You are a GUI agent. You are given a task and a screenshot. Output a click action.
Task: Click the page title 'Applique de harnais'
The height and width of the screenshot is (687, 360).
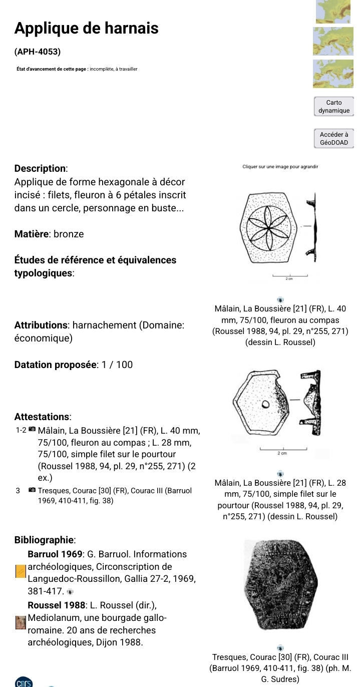[86, 29]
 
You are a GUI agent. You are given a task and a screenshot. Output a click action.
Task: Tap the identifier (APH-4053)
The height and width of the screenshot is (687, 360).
[38, 51]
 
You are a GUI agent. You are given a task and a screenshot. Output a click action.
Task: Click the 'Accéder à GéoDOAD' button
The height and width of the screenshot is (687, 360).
[333, 138]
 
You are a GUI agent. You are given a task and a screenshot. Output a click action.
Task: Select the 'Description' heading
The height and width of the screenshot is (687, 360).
[41, 169]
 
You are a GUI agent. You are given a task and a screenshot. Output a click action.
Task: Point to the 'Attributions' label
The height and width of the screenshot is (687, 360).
[41, 325]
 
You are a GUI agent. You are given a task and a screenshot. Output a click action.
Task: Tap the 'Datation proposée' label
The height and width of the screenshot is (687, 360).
[56, 365]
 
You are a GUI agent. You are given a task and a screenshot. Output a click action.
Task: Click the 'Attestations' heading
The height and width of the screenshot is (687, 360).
[43, 417]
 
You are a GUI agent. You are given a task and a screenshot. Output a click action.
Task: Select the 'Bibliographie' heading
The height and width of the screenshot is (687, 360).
[45, 540]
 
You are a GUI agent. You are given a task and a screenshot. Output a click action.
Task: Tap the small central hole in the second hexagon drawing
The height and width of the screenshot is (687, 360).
[266, 405]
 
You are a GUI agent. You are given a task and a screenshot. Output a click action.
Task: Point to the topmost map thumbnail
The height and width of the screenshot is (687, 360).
[333, 11]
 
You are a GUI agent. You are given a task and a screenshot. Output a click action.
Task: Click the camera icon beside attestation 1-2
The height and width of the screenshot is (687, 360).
[33, 430]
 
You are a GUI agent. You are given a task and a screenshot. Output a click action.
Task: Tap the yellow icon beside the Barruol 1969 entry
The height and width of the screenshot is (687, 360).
[21, 571]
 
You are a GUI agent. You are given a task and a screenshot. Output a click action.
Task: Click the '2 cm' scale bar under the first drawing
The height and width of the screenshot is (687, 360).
[289, 276]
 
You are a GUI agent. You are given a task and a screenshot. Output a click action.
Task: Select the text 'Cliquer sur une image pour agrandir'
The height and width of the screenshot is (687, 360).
[280, 167]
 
